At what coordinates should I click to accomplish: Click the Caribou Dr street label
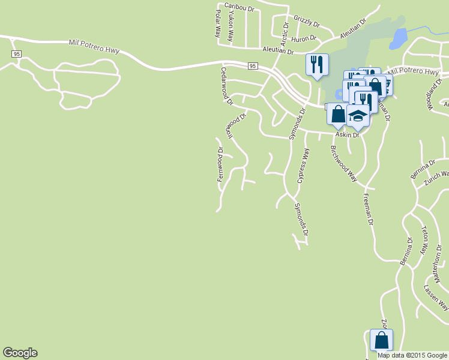[240, 7]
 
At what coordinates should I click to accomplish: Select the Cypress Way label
[304, 166]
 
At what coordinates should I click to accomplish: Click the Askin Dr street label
[347, 135]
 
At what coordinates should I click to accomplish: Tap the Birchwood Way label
[343, 164]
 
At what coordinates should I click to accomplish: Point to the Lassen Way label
[436, 298]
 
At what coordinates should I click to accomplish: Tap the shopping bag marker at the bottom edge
[381, 340]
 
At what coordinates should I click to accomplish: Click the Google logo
[20, 353]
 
